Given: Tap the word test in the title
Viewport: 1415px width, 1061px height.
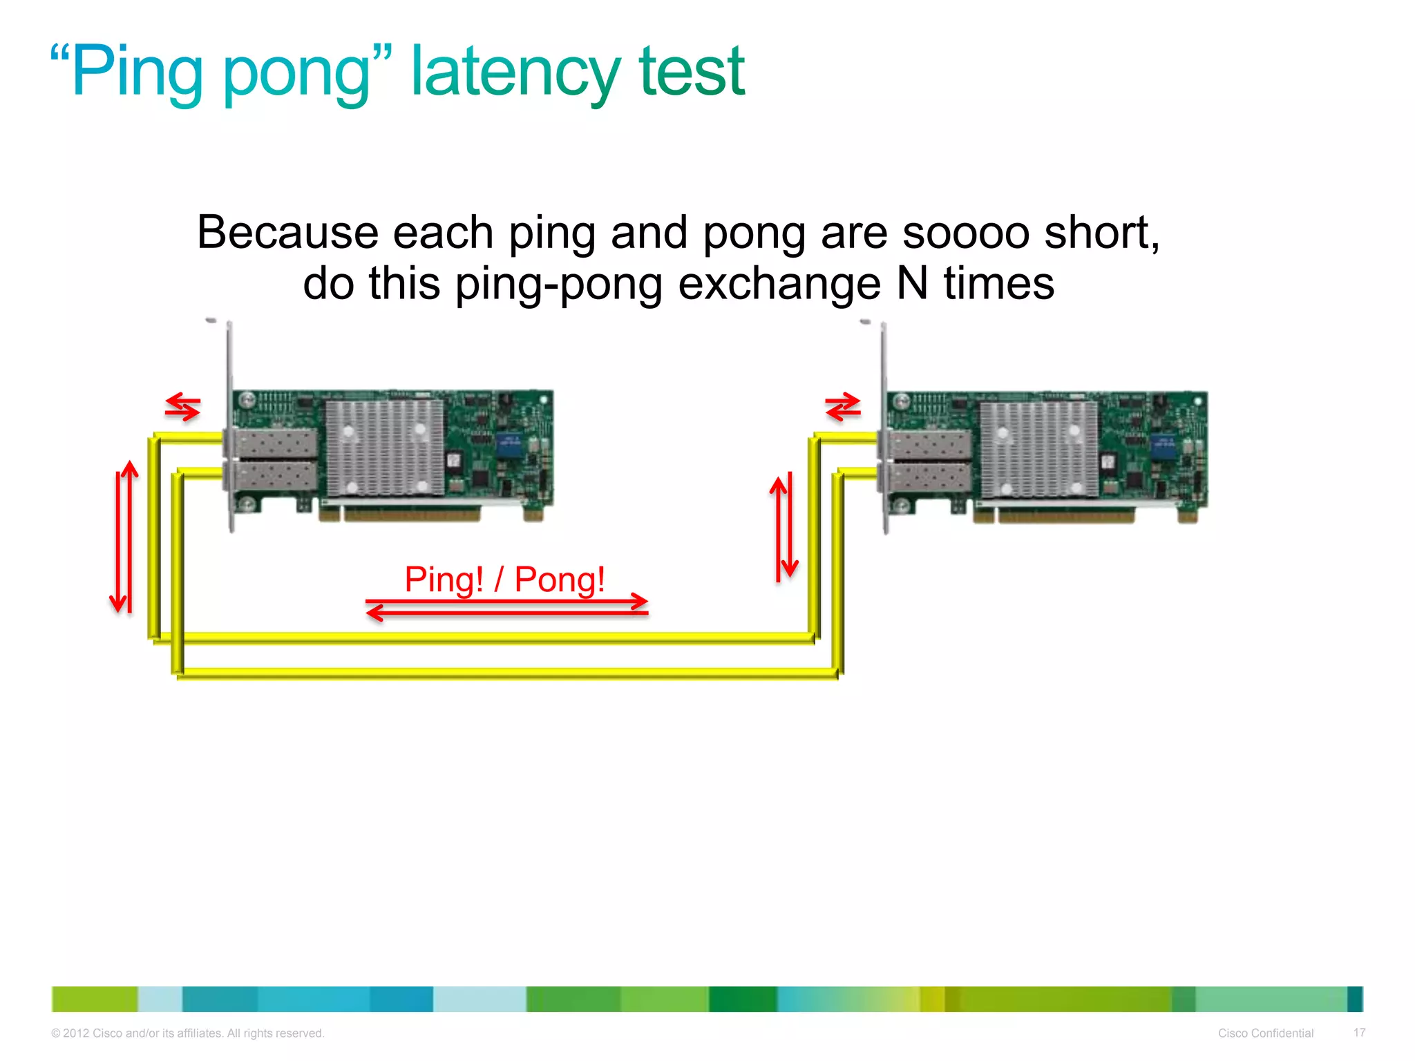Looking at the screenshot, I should (691, 72).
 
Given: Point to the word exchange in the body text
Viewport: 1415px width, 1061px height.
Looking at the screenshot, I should (779, 285).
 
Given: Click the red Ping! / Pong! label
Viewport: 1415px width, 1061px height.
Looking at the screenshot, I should (504, 579).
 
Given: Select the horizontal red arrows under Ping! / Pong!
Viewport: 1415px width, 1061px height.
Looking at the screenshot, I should (506, 606).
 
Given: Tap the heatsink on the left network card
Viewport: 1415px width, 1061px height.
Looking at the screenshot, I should (384, 448).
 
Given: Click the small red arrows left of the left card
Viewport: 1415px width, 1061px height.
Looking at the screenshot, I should (182, 407).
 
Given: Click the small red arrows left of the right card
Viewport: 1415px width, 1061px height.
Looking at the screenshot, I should (843, 407).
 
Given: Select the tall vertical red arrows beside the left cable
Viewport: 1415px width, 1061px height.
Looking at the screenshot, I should (124, 537).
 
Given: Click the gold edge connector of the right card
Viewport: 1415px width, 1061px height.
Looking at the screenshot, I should (1064, 515).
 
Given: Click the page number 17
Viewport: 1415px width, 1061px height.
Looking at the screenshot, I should (1359, 1033).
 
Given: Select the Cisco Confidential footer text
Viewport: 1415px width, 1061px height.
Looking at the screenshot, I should (1265, 1033).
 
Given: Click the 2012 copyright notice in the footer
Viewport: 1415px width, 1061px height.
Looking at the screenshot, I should (187, 1033).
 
